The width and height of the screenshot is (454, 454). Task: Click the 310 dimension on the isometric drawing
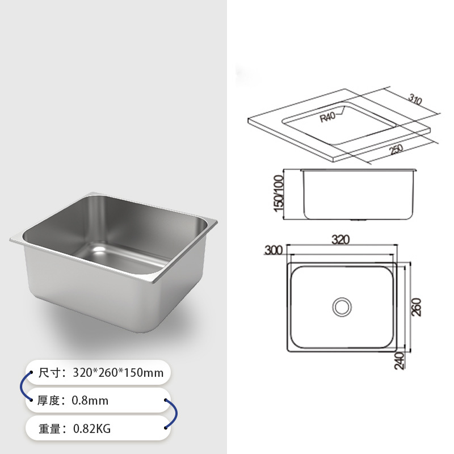point(415,102)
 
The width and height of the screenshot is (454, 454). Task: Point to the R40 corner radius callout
point(329,117)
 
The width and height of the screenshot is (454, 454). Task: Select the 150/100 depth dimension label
point(279,193)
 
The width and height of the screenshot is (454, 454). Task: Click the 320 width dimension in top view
point(340,239)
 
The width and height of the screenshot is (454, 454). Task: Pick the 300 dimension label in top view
point(274,250)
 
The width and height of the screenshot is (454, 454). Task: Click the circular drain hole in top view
point(342,306)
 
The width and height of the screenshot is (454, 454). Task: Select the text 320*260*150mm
point(117,373)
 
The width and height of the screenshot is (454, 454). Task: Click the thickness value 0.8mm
point(90,401)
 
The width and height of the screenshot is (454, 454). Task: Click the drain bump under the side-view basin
point(359,220)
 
